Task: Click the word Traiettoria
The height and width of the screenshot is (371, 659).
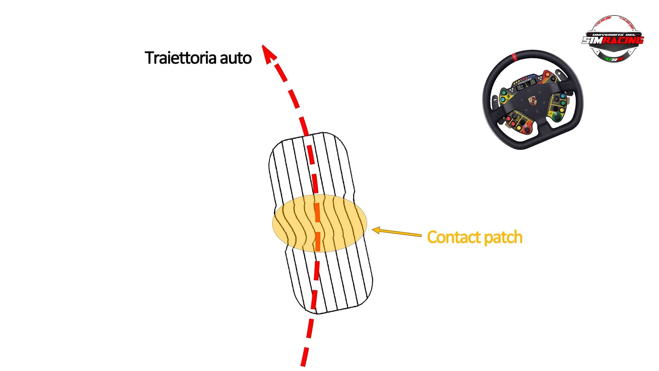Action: pos(181,58)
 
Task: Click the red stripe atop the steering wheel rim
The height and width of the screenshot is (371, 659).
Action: pos(514,57)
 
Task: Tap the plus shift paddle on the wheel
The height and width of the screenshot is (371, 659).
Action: pos(560,73)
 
